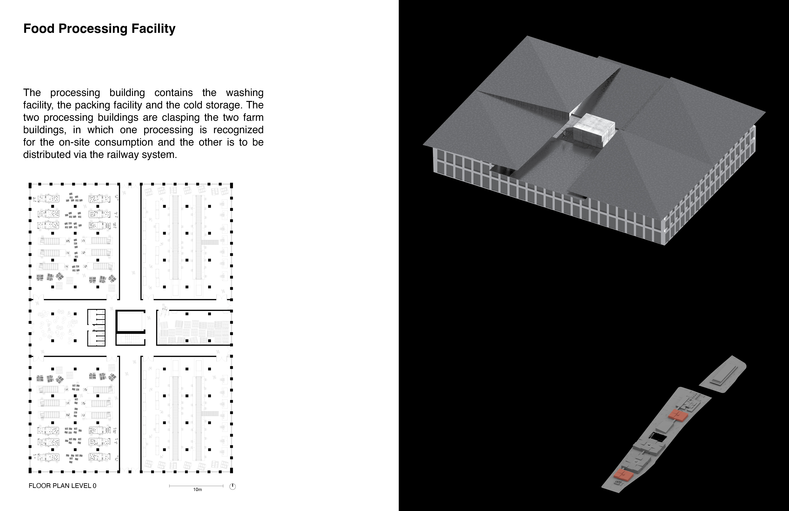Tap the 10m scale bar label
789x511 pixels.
pos(198,489)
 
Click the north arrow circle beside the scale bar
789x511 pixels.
pos(233,486)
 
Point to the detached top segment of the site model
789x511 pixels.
pos(723,375)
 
